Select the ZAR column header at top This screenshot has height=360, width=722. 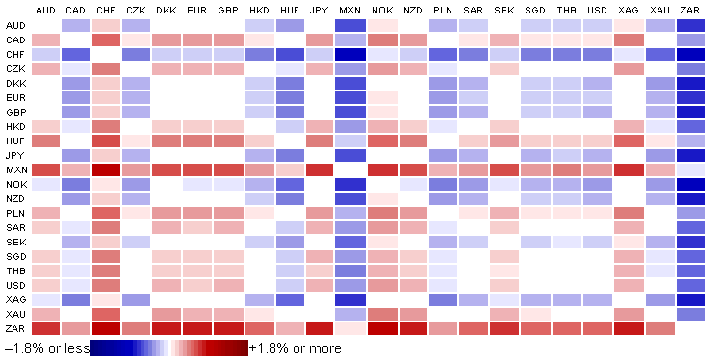point(689,10)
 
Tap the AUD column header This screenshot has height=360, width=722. point(44,10)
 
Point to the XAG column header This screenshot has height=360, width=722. point(628,10)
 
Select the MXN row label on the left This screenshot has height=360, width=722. point(14,170)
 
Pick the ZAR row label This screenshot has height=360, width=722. point(14,329)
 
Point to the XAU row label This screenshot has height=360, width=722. point(14,315)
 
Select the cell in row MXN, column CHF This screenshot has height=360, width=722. point(106,170)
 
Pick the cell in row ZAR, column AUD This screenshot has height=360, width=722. point(44,329)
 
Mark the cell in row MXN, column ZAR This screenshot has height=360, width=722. point(689,170)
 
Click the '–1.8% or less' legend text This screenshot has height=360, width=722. point(45,347)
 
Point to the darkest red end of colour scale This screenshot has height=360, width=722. point(243,347)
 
